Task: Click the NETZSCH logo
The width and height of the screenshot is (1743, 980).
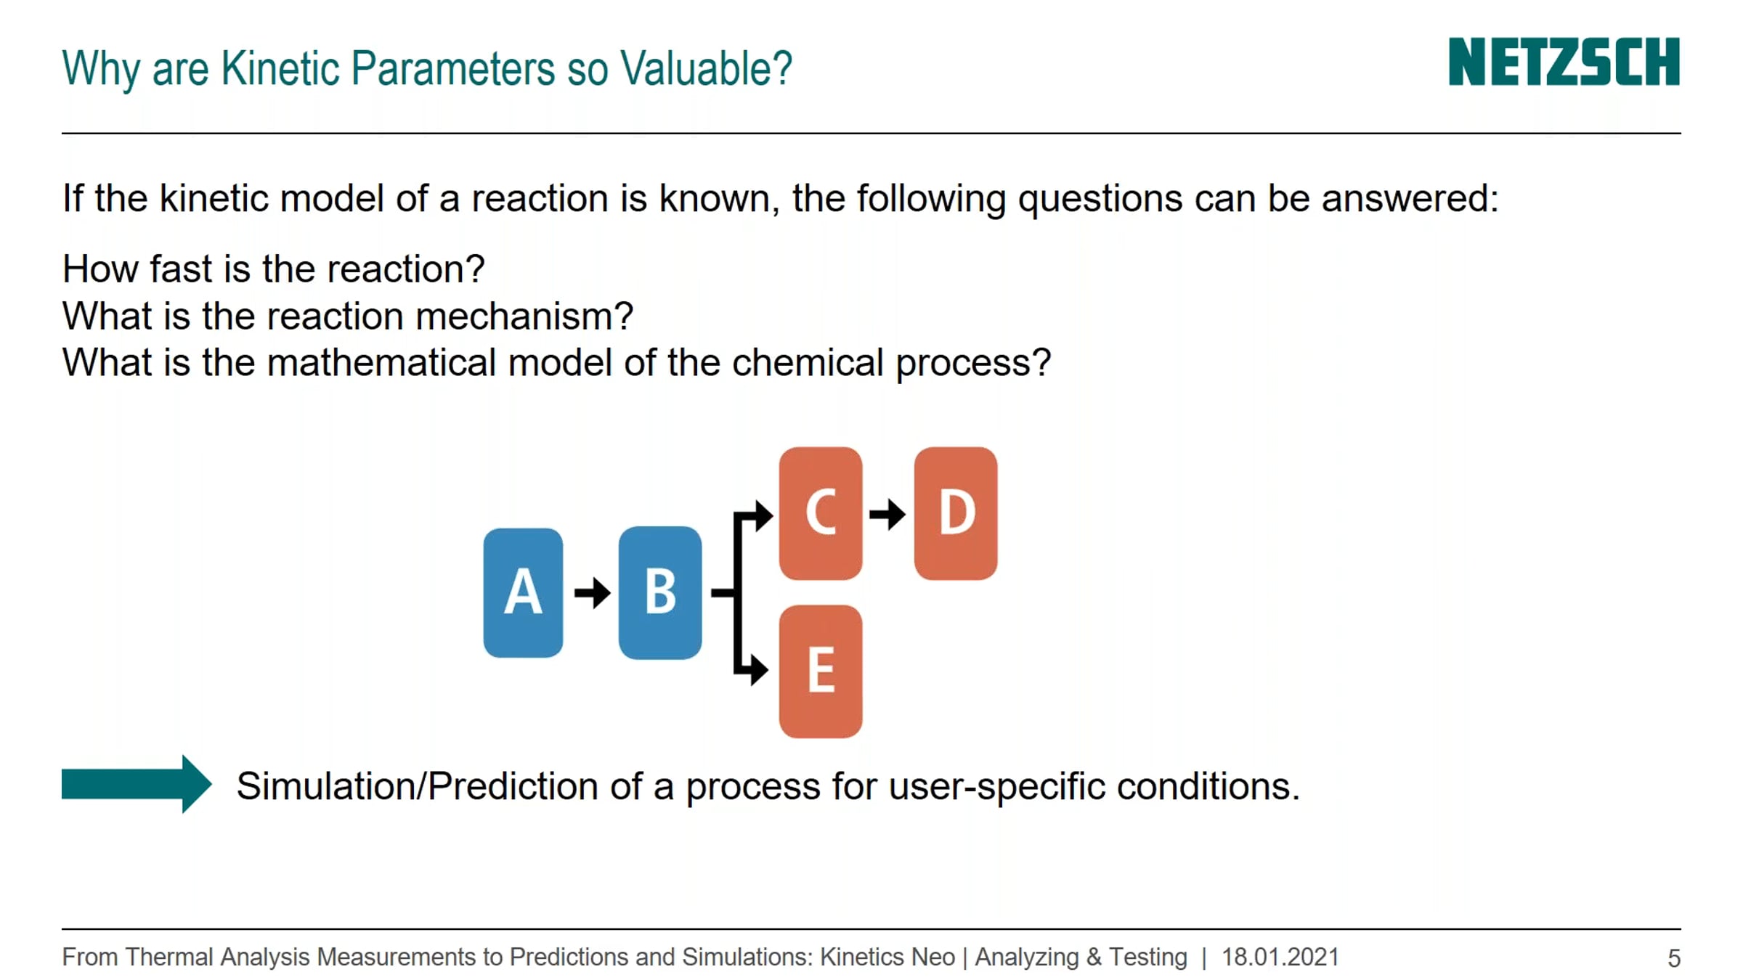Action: pyautogui.click(x=1564, y=62)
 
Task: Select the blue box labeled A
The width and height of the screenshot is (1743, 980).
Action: pyautogui.click(x=523, y=592)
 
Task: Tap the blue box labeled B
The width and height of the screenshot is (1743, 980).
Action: pyautogui.click(x=660, y=592)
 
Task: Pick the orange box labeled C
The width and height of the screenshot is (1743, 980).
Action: pyautogui.click(x=821, y=513)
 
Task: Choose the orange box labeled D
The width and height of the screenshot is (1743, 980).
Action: pyautogui.click(x=956, y=513)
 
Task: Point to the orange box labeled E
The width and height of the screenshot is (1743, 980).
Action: pyautogui.click(x=821, y=671)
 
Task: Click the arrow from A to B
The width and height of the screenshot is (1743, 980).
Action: pyautogui.click(x=592, y=592)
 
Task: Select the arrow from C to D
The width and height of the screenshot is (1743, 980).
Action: pyautogui.click(x=887, y=515)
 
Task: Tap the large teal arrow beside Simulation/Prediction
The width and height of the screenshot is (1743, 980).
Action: pyautogui.click(x=137, y=784)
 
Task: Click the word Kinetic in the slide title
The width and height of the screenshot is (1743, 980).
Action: pyautogui.click(x=280, y=68)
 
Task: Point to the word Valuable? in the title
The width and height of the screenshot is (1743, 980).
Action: pyautogui.click(x=706, y=68)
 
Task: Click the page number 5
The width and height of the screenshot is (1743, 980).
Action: pyautogui.click(x=1674, y=958)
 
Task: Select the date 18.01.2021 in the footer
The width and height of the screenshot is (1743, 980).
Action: pyautogui.click(x=1280, y=957)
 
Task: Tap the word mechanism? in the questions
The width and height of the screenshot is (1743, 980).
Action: pyautogui.click(x=524, y=317)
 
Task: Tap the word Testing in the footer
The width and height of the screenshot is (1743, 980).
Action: pyautogui.click(x=1148, y=957)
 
